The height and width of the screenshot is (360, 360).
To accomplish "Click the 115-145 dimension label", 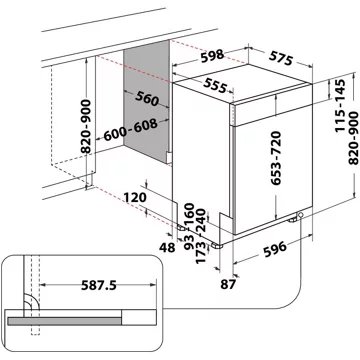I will point(324,103).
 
